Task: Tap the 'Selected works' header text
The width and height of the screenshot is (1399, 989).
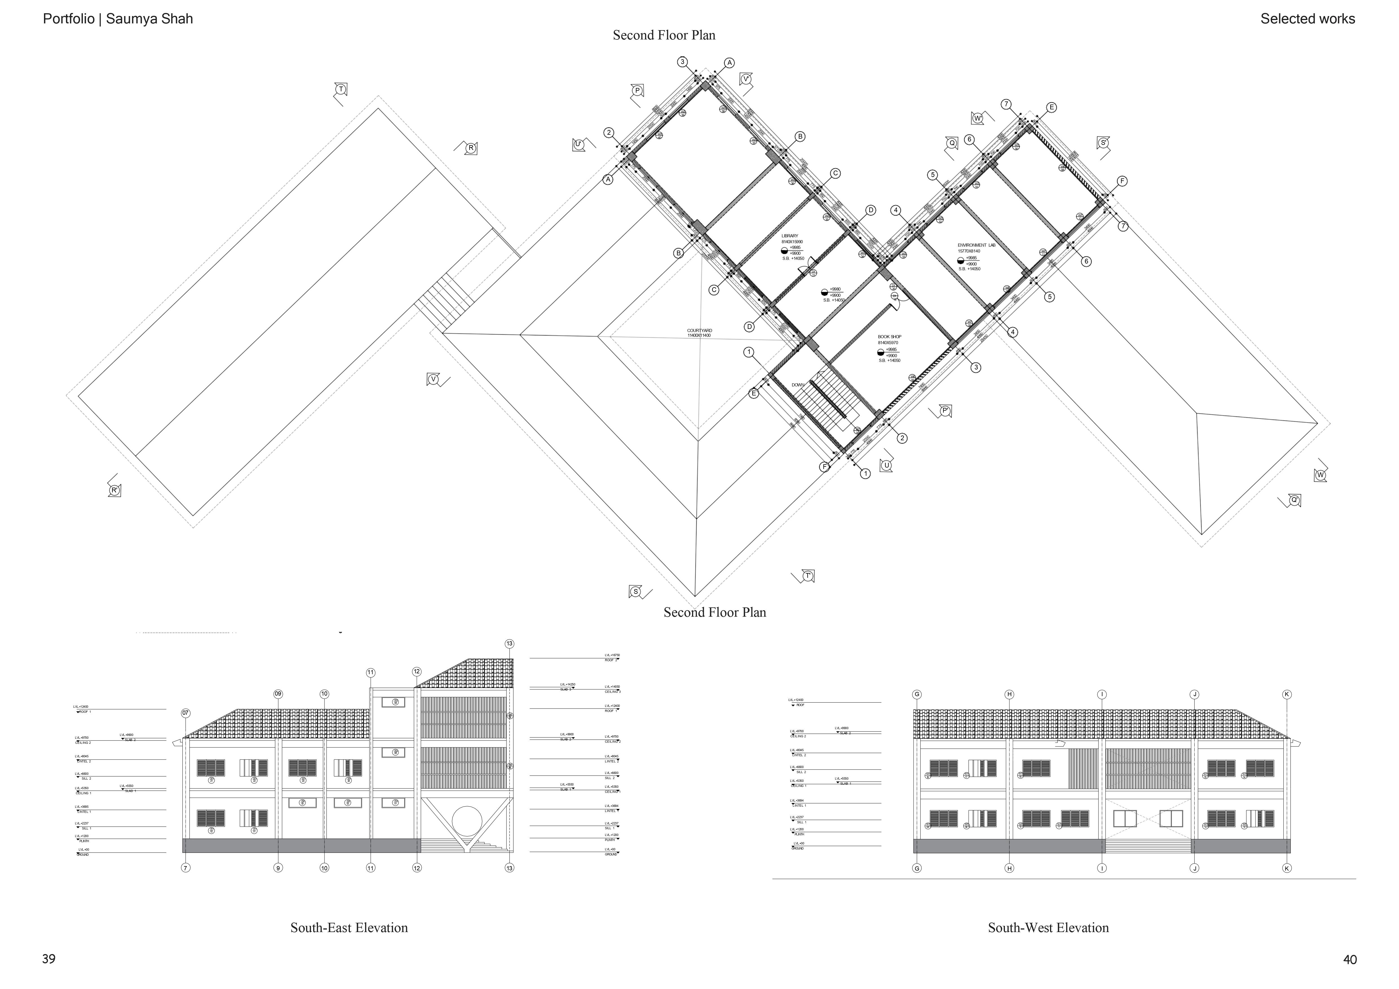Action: point(1308,19)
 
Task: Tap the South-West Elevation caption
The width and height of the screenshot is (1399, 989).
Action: point(1048,928)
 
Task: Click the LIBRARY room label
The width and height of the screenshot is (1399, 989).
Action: point(790,236)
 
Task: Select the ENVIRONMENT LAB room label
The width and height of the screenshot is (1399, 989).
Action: point(976,245)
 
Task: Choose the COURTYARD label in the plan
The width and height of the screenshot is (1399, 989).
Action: point(700,331)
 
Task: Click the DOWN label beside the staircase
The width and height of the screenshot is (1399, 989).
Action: point(798,385)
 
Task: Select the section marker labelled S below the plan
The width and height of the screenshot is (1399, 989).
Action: point(636,592)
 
